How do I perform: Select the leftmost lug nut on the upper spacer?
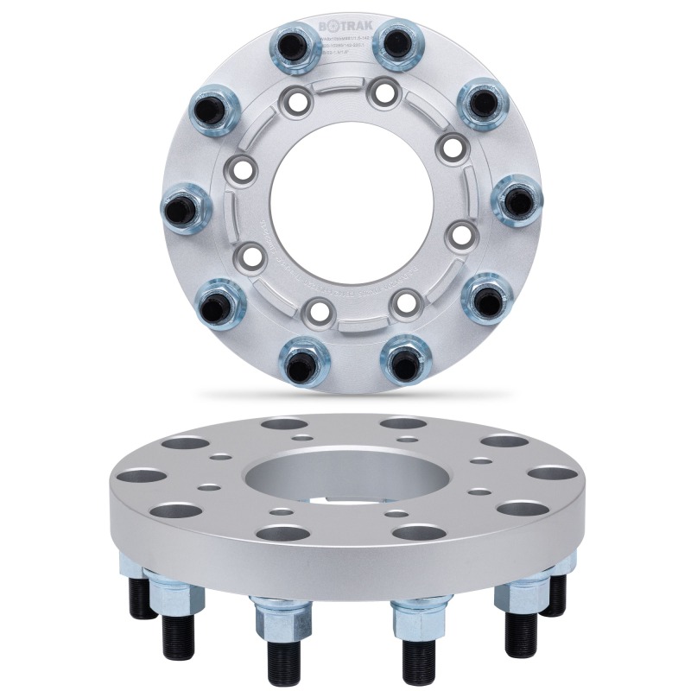click(185, 208)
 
